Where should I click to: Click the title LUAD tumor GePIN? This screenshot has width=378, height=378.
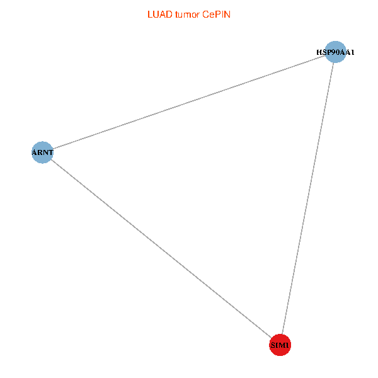(x=189, y=14)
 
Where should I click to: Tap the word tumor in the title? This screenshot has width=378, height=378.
(x=187, y=14)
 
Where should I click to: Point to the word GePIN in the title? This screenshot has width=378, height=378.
(x=216, y=14)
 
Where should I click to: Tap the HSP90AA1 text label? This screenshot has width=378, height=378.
(x=335, y=52)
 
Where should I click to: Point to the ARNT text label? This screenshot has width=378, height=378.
(x=43, y=152)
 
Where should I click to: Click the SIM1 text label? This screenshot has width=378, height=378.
(x=280, y=346)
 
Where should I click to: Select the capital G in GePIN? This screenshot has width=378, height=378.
(x=206, y=14)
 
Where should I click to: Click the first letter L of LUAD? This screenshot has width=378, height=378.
(x=149, y=14)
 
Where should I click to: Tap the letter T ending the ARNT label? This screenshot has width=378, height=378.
(x=51, y=152)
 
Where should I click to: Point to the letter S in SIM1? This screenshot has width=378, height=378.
(x=272, y=346)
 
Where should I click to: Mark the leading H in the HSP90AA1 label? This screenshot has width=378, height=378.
(x=319, y=52)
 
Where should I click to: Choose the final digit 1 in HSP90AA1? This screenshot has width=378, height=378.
(x=352, y=52)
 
